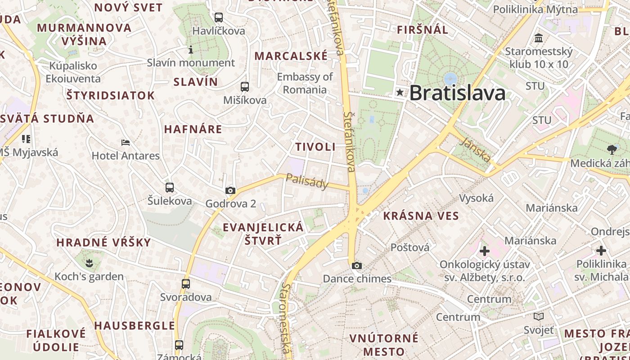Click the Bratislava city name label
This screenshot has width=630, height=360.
pos(457,93)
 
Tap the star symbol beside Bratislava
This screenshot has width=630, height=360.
pos(400,93)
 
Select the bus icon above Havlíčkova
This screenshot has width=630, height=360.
pos(219,18)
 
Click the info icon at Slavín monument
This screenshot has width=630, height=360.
pos(191,49)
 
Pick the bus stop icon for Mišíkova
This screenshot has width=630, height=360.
pos(245,87)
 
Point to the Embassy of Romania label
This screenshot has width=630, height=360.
pos(305,83)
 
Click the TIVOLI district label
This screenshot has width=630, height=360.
pos(315,147)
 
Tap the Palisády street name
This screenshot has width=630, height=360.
pos(308,181)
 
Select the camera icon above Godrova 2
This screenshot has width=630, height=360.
pos(230,190)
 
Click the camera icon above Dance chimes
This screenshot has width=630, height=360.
pos(357,265)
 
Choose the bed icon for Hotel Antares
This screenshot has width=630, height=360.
pos(126,143)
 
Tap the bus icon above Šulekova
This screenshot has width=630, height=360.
pos(170,187)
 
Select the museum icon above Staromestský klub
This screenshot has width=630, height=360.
pos(539,38)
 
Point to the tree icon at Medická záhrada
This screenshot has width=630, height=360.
pos(612,149)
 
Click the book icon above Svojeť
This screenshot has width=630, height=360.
pos(539,316)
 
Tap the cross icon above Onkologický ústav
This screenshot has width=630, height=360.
pos(485,251)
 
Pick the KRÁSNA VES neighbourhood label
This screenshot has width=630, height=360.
pos(421,216)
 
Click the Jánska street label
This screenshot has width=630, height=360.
pos(476,149)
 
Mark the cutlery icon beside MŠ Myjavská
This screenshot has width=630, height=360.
pos(26,139)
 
